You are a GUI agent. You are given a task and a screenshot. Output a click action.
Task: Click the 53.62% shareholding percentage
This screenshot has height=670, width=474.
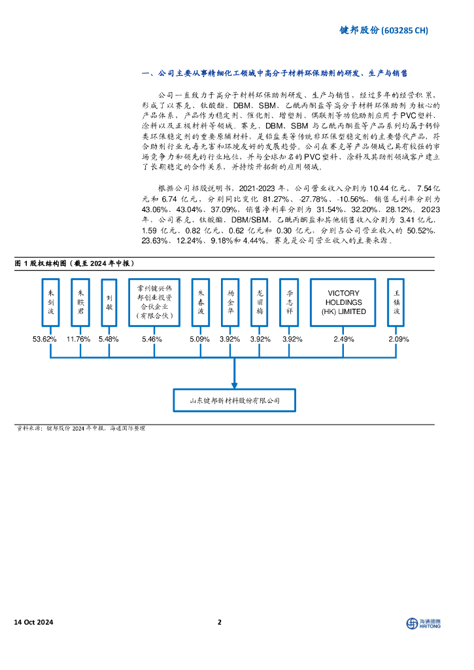tap(45, 339)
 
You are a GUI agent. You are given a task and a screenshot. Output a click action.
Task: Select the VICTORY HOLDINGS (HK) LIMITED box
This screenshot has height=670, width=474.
tap(343, 303)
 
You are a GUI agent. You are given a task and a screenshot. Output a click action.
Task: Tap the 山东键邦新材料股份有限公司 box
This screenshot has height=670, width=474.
tap(233, 400)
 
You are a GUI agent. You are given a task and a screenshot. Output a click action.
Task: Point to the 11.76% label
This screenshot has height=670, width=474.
tap(79, 339)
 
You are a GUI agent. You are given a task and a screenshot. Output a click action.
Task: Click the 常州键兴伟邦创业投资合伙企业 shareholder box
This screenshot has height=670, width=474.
tap(152, 303)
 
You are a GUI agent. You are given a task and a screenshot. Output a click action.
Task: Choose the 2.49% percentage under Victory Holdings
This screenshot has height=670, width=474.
tap(343, 339)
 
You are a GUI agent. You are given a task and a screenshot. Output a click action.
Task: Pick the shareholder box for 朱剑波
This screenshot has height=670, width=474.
tap(51, 303)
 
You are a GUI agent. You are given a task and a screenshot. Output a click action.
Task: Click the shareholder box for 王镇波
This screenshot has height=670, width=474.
tap(396, 303)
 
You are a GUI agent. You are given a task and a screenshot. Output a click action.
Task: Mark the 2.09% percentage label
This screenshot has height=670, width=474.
tap(398, 339)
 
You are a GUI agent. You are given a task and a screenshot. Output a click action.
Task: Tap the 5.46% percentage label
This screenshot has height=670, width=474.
tap(152, 339)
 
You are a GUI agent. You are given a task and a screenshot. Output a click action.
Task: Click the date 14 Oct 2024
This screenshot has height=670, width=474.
tap(33, 622)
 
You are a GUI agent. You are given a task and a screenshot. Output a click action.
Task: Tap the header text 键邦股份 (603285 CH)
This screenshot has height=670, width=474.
tap(384, 30)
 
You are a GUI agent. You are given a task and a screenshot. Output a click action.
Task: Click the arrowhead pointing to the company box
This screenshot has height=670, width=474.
tap(233, 384)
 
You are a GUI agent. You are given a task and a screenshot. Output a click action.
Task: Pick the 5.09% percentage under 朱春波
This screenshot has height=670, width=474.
tap(200, 339)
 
